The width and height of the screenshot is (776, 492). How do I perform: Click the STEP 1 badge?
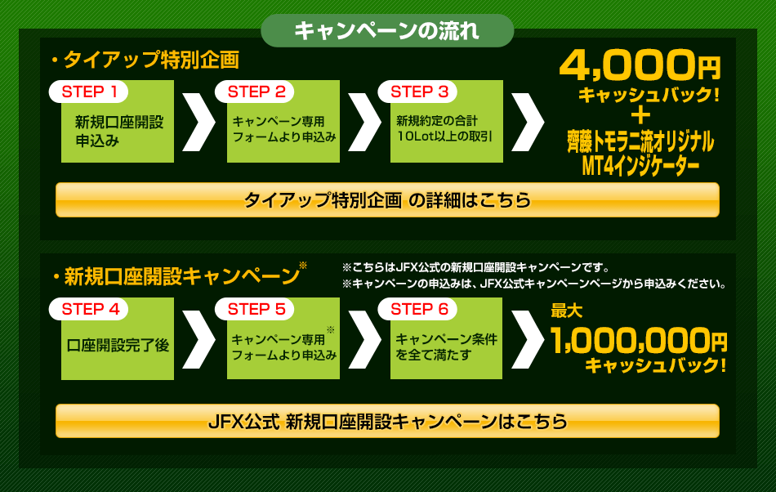88,92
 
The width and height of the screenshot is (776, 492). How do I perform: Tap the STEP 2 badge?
254,92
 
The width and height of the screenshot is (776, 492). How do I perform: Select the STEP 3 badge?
417,92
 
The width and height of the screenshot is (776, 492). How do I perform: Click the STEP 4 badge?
88,309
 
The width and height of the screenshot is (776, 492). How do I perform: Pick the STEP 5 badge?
254,309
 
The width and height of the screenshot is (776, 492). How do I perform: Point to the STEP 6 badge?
417,309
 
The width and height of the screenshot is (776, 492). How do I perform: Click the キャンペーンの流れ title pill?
387,31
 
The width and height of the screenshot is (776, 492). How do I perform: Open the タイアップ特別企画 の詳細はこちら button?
387,200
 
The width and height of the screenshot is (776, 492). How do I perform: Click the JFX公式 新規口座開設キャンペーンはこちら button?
387,421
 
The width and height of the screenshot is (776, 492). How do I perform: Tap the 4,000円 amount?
640,65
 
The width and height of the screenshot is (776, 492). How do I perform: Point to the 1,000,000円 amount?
639,341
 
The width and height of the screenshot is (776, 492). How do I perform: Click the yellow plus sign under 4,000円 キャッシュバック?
641,116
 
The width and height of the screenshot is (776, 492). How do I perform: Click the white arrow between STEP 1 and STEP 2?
199,122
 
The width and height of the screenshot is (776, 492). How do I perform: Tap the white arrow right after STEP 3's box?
528,122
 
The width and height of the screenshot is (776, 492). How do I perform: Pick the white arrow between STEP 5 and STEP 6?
365,339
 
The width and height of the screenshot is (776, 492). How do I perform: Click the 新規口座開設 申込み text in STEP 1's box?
118,131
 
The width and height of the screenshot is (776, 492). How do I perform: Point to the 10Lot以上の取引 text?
444,136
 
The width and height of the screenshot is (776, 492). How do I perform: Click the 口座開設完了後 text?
118,345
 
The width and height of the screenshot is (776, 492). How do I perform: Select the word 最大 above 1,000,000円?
567,311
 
